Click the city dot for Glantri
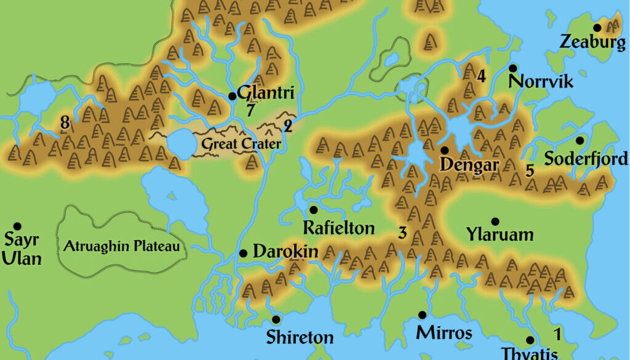pos(232,96)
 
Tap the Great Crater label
pos(240,145)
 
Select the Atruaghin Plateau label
pos(122,247)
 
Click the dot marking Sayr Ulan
pos(17,226)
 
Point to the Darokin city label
pos(285,252)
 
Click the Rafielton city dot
pos(313,210)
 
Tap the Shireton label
pos(300,337)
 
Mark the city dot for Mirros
pos(422,315)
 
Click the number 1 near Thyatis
pos(557,335)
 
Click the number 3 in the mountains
pos(402,233)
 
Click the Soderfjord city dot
pos(580,140)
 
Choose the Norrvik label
pos(541,81)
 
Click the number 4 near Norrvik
pos(481,76)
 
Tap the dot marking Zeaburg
pos(597,28)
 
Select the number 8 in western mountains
pos(65,123)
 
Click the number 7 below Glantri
pos(250,111)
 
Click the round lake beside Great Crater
pos(180,143)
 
